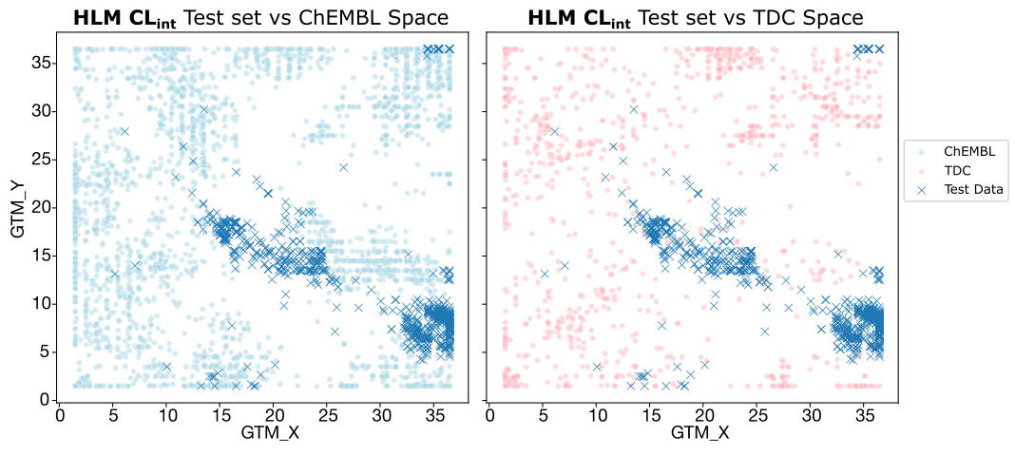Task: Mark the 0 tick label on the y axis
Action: click(x=44, y=400)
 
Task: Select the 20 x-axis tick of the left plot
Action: click(x=274, y=414)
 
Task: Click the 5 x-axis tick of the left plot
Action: click(x=113, y=414)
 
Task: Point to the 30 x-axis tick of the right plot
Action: click(x=811, y=414)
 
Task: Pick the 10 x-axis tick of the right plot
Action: click(x=596, y=414)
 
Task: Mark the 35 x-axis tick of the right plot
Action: click(x=864, y=414)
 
